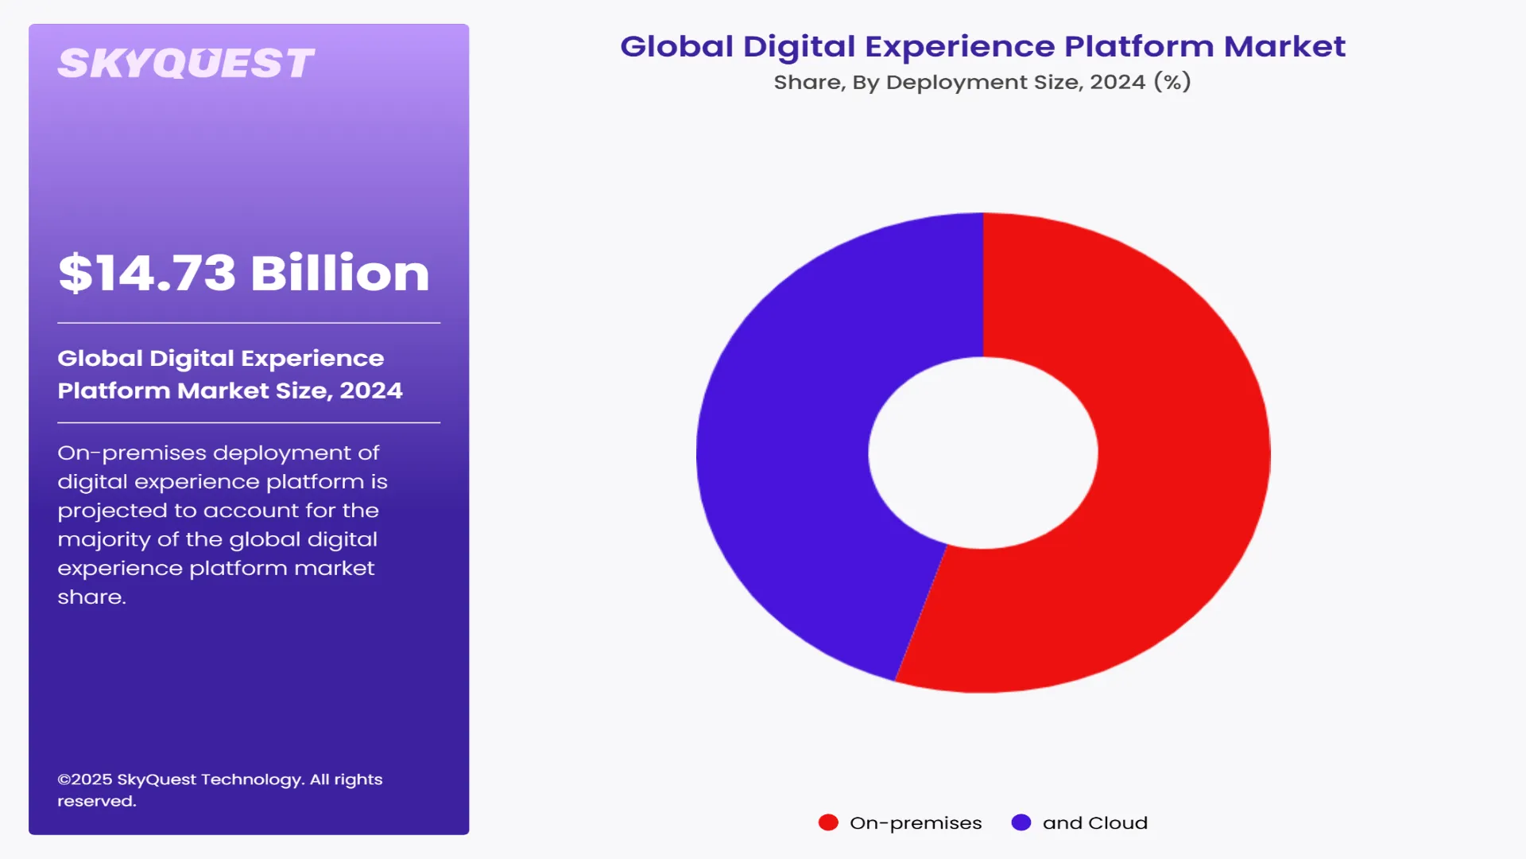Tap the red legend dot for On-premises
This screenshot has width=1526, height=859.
tap(828, 822)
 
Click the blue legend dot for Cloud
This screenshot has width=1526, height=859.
tap(1021, 822)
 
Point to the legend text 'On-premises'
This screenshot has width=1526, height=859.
tap(916, 823)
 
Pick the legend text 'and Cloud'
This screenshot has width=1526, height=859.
tap(1094, 823)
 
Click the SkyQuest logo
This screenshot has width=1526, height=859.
tap(186, 64)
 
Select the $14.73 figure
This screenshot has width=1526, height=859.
tap(147, 273)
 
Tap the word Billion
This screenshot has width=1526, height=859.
tap(340, 273)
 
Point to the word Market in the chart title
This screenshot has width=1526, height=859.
tap(1284, 46)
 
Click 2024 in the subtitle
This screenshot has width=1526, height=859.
tap(1117, 82)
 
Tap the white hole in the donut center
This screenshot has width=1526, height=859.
tap(983, 452)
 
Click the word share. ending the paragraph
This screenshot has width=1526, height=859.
tap(91, 597)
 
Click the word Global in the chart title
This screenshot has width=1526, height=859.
tap(676, 46)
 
